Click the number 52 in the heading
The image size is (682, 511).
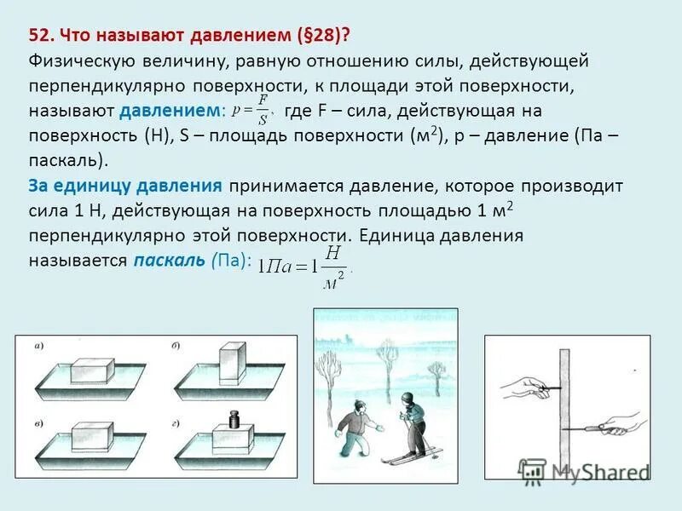pyautogui.click(x=39, y=36)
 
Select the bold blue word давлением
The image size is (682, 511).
pyautogui.click(x=169, y=111)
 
